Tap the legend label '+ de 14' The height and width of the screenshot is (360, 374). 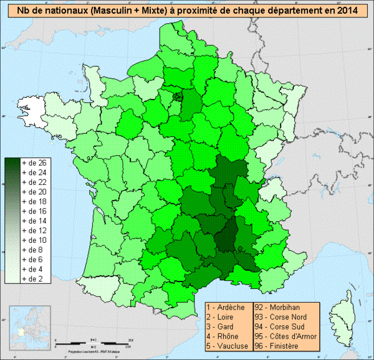[x=34, y=221]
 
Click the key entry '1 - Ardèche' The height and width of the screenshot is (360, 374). [x=228, y=308]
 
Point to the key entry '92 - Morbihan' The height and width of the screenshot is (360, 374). [x=277, y=308]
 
